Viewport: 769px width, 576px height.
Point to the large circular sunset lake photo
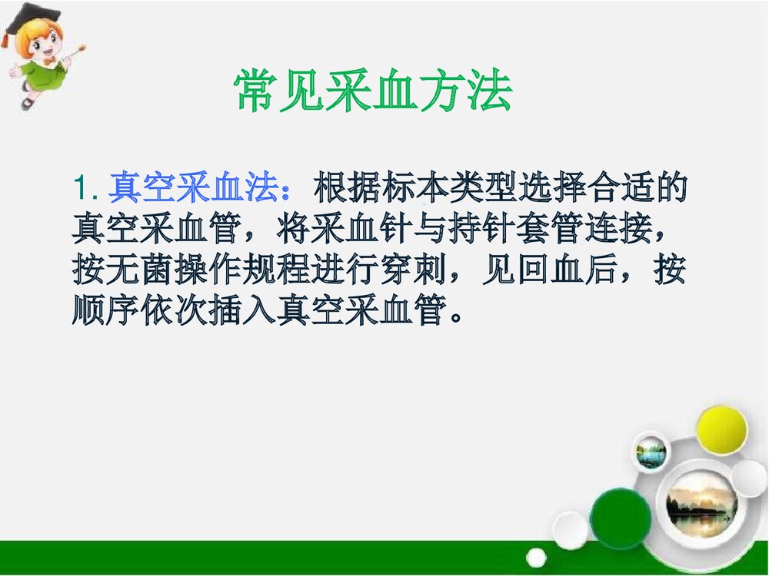point(701,503)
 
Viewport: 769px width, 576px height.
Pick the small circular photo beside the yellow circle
point(651,452)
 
